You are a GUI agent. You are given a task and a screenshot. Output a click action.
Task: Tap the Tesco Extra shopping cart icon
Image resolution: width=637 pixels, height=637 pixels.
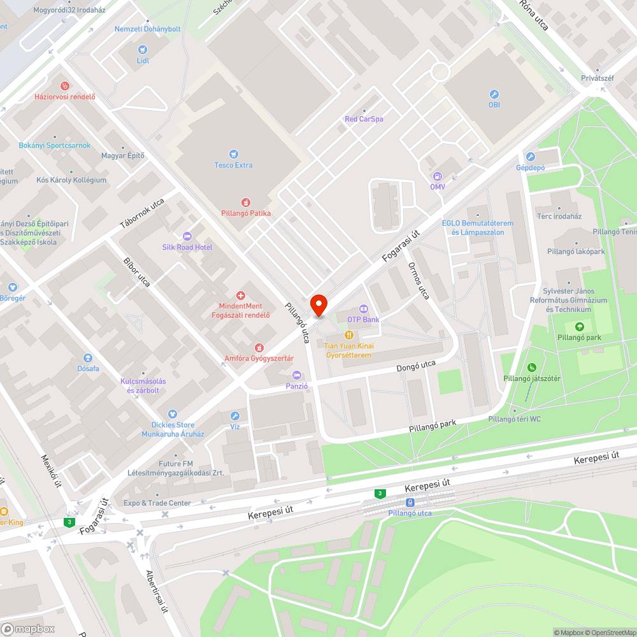tap(233, 154)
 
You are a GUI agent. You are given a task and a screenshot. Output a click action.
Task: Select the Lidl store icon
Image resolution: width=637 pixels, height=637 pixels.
tap(143, 49)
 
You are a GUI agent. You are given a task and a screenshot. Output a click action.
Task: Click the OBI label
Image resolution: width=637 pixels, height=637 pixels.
tap(494, 104)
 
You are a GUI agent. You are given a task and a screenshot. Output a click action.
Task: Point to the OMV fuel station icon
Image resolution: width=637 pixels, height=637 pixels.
tap(437, 176)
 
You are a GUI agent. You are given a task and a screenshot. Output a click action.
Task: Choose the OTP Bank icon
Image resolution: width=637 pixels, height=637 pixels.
tap(363, 308)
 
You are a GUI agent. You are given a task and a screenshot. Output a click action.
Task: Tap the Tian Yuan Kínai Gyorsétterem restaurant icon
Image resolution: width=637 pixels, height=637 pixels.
tap(348, 334)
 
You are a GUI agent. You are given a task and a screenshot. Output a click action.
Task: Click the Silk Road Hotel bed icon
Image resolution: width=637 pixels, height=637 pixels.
tap(187, 236)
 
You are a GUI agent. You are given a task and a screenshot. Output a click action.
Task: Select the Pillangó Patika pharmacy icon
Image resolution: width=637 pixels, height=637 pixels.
tap(246, 202)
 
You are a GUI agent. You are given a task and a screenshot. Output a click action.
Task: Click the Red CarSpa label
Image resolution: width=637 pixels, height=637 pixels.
tap(364, 119)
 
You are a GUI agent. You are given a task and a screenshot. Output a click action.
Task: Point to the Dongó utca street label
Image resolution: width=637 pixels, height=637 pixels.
tap(416, 366)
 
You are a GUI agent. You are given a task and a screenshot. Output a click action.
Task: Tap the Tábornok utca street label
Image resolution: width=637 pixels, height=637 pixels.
tap(142, 214)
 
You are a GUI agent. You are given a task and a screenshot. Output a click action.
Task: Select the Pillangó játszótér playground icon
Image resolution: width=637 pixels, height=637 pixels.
tap(531, 367)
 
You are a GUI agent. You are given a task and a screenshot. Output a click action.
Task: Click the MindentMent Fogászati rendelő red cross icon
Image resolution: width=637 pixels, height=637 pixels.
tap(241, 295)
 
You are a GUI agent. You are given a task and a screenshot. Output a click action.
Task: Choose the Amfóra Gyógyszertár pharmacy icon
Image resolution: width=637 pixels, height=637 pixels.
tap(259, 347)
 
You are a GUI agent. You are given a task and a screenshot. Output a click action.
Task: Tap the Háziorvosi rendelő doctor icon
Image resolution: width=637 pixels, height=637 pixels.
tap(64, 86)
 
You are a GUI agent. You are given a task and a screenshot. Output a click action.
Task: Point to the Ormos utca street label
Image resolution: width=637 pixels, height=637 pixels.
tap(419, 281)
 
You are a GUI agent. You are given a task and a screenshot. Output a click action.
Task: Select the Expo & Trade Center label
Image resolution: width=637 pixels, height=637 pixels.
tap(157, 503)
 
